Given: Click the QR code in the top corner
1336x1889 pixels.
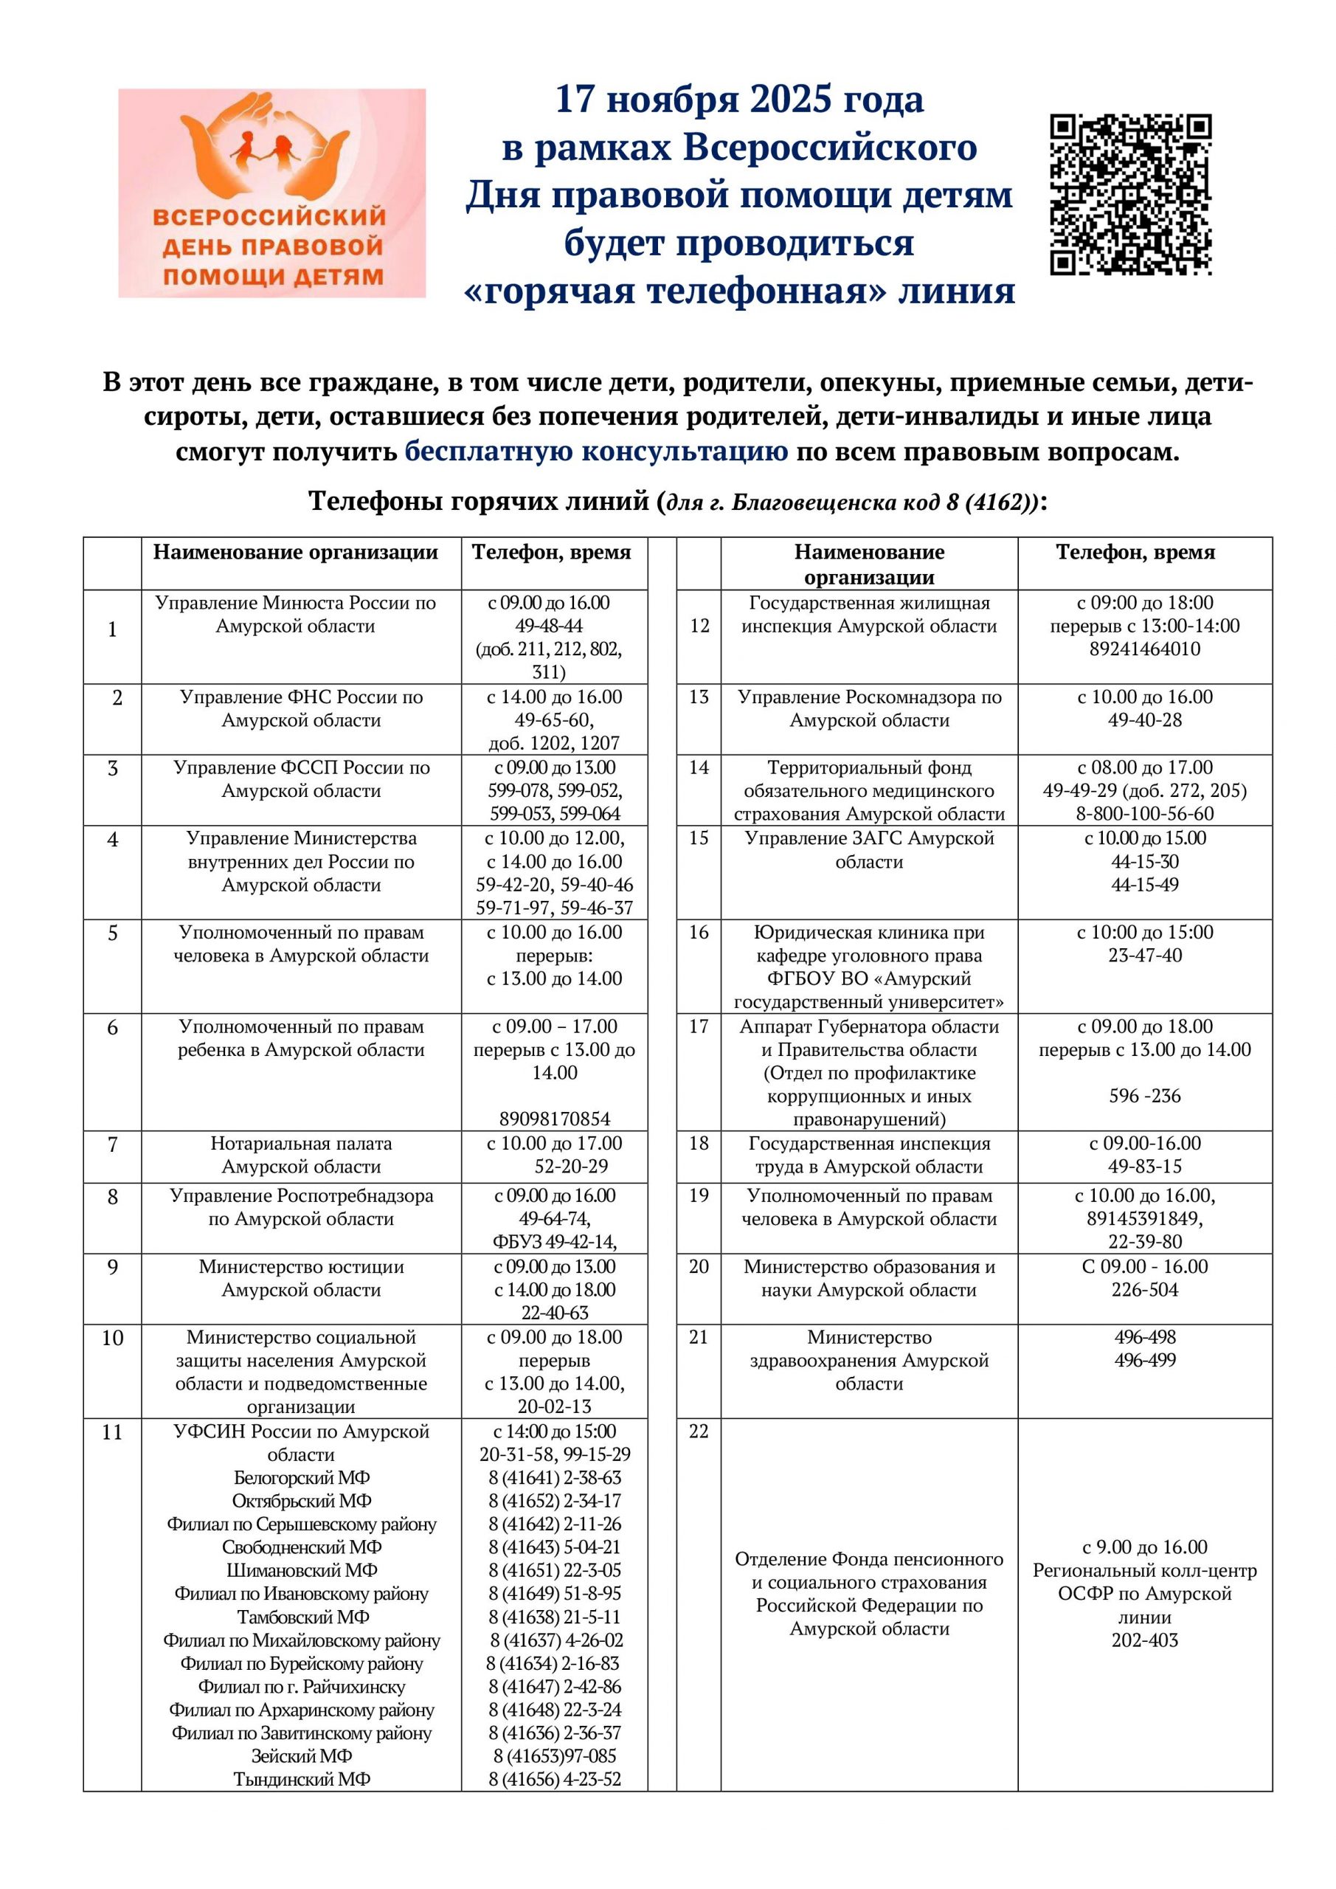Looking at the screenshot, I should (x=1130, y=195).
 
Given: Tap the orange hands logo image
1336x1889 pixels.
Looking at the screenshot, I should (x=271, y=193).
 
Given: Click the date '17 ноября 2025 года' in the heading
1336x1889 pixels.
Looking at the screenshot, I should (x=740, y=100).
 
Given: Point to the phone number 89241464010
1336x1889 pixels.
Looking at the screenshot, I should (x=1144, y=649).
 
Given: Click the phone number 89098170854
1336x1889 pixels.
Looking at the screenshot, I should (x=555, y=1119).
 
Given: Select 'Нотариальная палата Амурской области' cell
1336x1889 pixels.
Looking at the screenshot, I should (x=301, y=1155).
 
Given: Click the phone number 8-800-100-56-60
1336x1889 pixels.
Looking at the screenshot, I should (x=1144, y=814).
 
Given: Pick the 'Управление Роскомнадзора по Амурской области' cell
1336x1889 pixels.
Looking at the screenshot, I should (x=870, y=708).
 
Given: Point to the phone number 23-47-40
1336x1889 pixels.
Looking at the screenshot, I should (x=1144, y=955).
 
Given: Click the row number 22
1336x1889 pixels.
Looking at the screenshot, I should (x=699, y=1432).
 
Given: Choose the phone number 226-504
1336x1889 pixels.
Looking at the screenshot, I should (x=1144, y=1289).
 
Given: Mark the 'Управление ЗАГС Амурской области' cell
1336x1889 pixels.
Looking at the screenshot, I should (x=870, y=850).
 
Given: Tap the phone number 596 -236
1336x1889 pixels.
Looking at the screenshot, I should (x=1144, y=1096).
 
